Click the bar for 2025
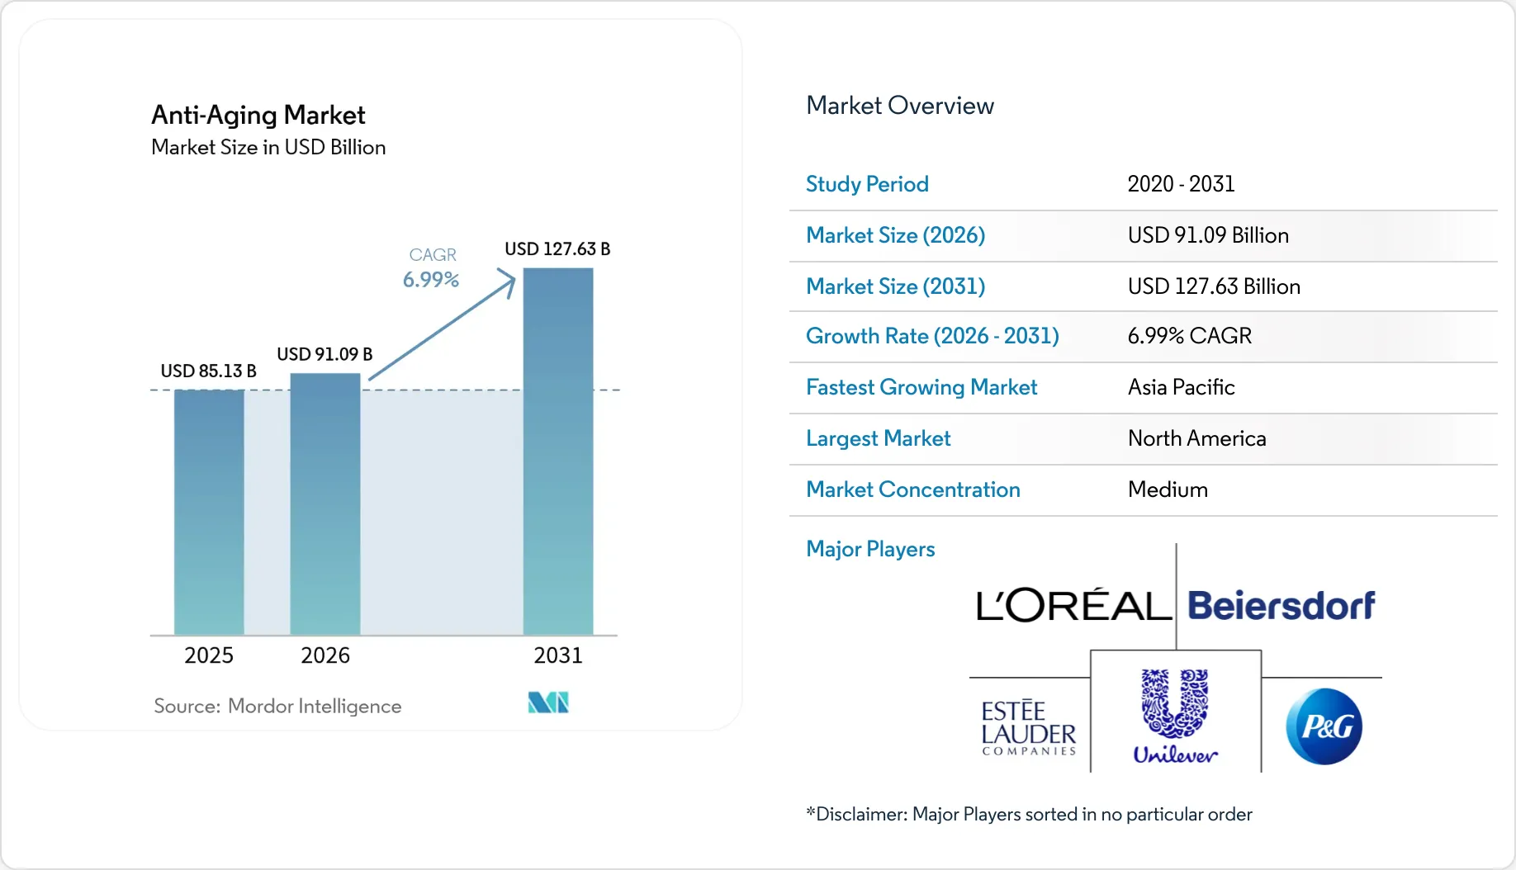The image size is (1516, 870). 209,512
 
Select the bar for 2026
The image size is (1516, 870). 325,504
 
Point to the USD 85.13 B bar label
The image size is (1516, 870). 208,371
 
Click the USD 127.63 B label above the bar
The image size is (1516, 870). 557,249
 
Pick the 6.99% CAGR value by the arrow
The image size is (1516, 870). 430,280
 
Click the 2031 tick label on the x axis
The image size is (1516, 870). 558,655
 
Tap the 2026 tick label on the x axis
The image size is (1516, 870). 325,655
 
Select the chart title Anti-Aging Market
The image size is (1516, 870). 258,115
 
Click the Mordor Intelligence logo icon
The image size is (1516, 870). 548,702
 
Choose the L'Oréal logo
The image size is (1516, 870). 1073,606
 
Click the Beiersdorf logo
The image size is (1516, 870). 1281,606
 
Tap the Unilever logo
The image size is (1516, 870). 1175,715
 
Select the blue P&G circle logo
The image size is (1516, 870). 1324,726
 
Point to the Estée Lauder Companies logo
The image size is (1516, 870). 1029,727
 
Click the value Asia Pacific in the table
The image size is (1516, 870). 1181,387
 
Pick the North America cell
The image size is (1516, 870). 1196,438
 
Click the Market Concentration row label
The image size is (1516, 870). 912,489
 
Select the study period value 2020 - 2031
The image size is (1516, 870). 1181,184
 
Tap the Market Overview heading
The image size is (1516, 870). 899,106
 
